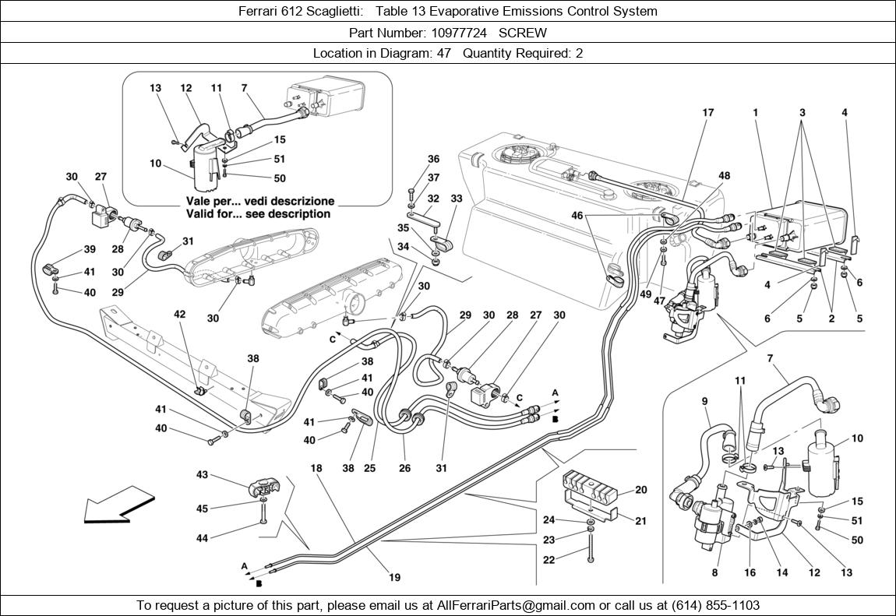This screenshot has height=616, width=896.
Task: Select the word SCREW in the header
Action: pos(523,33)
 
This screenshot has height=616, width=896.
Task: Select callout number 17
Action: pos(707,113)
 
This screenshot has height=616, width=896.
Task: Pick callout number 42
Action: pos(179,315)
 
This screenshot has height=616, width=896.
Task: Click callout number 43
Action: pos(202,474)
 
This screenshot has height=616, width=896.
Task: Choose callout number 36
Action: pos(433,160)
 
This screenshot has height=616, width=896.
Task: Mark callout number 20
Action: pos(640,490)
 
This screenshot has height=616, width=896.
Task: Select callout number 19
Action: pos(394,578)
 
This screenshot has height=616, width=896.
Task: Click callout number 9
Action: pos(704,402)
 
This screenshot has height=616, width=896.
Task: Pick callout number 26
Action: pos(405,469)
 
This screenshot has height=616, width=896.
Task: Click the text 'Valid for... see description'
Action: pos(258,213)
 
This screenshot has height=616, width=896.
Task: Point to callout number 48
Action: pos(725,176)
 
